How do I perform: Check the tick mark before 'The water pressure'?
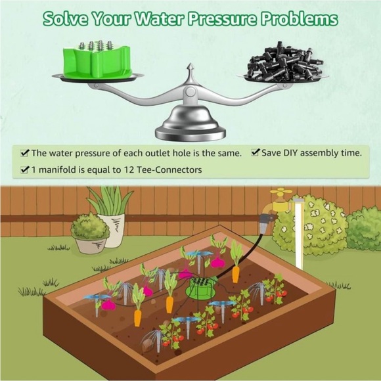[25, 153]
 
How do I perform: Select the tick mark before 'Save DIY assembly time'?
[255, 153]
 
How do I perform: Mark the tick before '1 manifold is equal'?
[25, 169]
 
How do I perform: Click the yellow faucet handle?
[281, 193]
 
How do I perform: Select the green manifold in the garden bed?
[200, 286]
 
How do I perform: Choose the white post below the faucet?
[299, 233]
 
